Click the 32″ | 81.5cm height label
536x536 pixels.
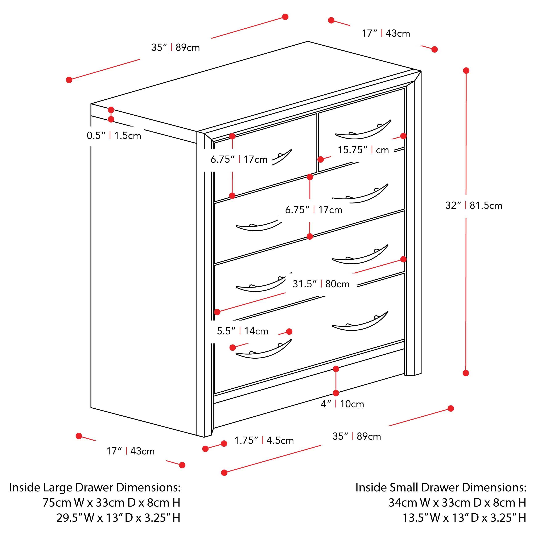(x=474, y=206)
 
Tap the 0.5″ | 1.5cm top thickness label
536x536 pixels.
(x=114, y=136)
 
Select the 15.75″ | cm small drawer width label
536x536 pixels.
(x=363, y=150)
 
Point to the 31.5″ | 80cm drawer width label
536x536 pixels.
(x=321, y=284)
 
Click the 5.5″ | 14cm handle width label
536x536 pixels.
(x=243, y=331)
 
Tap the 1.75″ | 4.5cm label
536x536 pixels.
(x=264, y=440)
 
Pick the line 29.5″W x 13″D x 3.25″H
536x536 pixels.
(x=119, y=518)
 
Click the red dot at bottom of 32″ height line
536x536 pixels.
(x=466, y=373)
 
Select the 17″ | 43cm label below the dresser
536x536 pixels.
(x=130, y=451)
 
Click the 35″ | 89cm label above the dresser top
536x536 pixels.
(x=175, y=48)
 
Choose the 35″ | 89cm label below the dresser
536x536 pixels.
(x=356, y=436)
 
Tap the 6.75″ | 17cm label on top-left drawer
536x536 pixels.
(x=239, y=160)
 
